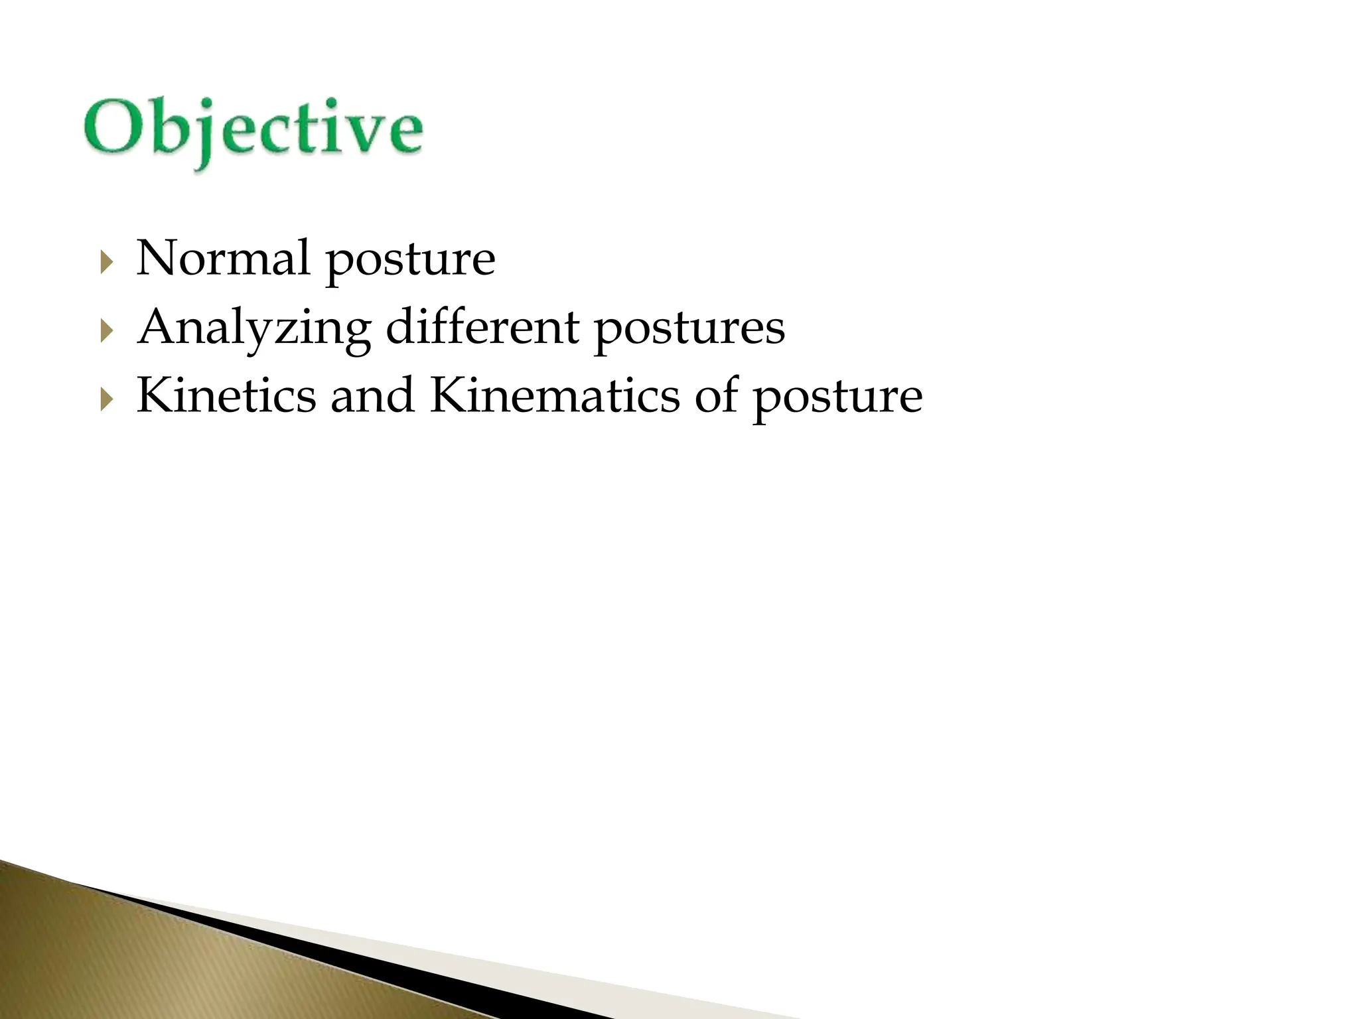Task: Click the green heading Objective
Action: [253, 129]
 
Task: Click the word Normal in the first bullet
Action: [223, 259]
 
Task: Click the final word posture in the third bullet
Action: [837, 399]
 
